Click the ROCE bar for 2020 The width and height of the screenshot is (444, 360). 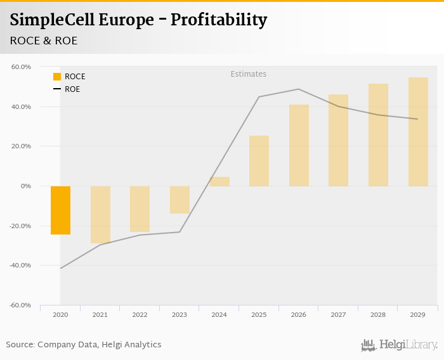point(60,210)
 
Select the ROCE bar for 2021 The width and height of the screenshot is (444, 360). point(100,214)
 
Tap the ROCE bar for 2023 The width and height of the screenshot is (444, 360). point(180,200)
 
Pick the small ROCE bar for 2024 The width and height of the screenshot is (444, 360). point(219,181)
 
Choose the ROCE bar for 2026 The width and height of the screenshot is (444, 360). point(299,145)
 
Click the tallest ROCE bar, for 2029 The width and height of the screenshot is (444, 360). point(418,132)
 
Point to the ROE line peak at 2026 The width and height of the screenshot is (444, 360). point(299,89)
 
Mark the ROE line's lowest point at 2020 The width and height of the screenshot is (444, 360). point(61,268)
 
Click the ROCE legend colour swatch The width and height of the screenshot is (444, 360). point(57,77)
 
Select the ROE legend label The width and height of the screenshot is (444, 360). point(72,89)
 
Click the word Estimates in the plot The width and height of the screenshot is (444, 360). point(248,74)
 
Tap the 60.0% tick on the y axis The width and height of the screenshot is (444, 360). point(21,67)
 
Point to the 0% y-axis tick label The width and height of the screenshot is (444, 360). point(25,186)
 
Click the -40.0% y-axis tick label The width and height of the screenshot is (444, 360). point(20,266)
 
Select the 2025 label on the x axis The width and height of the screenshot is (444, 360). point(259,314)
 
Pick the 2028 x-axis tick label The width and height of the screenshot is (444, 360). point(378,314)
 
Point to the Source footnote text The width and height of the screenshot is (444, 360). point(84,345)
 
